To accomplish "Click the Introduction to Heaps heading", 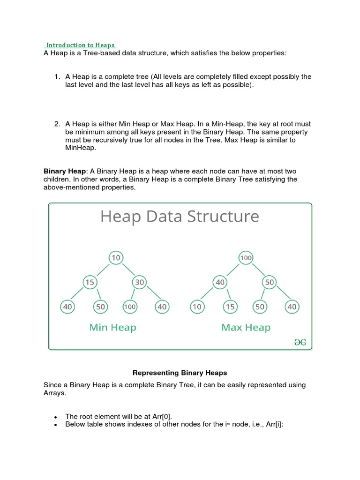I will pos(80,45).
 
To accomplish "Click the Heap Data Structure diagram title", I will pos(180,217).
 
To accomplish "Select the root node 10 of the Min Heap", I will pos(115,258).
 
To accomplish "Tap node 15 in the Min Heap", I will pos(90,282).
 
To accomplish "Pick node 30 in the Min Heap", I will pos(140,282).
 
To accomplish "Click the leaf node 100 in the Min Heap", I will pos(129,307).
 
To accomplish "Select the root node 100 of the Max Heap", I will pos(246,258).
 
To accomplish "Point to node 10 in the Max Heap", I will pos(196,307).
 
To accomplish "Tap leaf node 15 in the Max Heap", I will pos(230,307).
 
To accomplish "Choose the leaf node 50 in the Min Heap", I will pos(100,307).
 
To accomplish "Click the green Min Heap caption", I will pos(112,327).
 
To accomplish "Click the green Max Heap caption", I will pos(246,327).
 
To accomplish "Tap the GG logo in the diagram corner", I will pos(300,343).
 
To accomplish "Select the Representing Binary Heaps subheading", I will pos(180,373).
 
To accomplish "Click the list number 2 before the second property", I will pos(57,124).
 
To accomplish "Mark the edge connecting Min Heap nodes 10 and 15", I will pos(103,270).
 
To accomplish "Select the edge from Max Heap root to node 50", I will pos(257,270).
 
